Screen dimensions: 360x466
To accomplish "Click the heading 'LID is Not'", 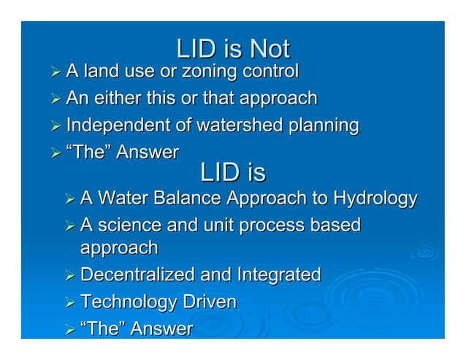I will pos(233,49).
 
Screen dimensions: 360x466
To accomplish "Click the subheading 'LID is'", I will pos(233,173).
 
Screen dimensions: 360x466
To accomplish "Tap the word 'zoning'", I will pos(210,72).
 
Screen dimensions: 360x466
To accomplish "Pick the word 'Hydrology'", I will pos(375,198).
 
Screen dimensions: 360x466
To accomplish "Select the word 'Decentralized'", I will pos(137,275).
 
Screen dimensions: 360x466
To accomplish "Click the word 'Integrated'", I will pos(279,275).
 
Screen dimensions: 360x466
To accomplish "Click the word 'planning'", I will pos(318,126).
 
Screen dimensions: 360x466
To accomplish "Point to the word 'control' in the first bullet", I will pos(272,72).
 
